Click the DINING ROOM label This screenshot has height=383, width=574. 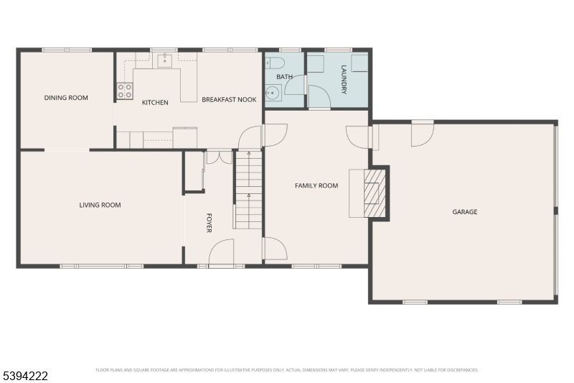point(66,98)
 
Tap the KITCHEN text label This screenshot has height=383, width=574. point(155,103)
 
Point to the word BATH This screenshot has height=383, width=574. point(284,76)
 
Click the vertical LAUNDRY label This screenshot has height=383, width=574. point(344,80)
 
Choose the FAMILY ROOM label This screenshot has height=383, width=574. point(316,185)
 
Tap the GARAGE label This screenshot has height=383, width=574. point(464,212)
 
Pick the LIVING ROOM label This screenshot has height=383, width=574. point(100,205)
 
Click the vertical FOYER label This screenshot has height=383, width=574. point(210,223)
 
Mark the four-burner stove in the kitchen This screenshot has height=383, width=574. point(125,91)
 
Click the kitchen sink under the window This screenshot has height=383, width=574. point(166,60)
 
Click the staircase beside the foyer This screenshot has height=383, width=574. point(248,190)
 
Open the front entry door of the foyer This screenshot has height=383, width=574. point(221,253)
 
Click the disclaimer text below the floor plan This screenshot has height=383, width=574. point(287,371)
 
